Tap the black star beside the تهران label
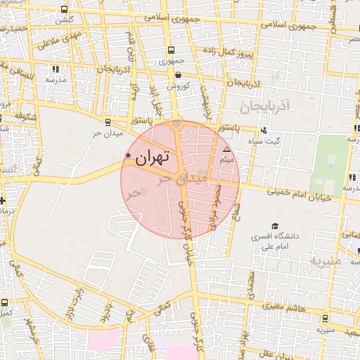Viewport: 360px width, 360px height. [x=128, y=155]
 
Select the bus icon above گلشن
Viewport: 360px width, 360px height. [x=65, y=10]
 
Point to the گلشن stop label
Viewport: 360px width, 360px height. [x=65, y=20]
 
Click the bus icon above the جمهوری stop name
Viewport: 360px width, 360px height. [x=171, y=51]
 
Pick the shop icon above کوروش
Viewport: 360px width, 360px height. [x=178, y=75]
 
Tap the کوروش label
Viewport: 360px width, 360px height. [x=178, y=85]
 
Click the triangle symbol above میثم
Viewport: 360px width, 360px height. [x=226, y=150]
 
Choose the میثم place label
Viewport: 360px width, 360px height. [x=226, y=161]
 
